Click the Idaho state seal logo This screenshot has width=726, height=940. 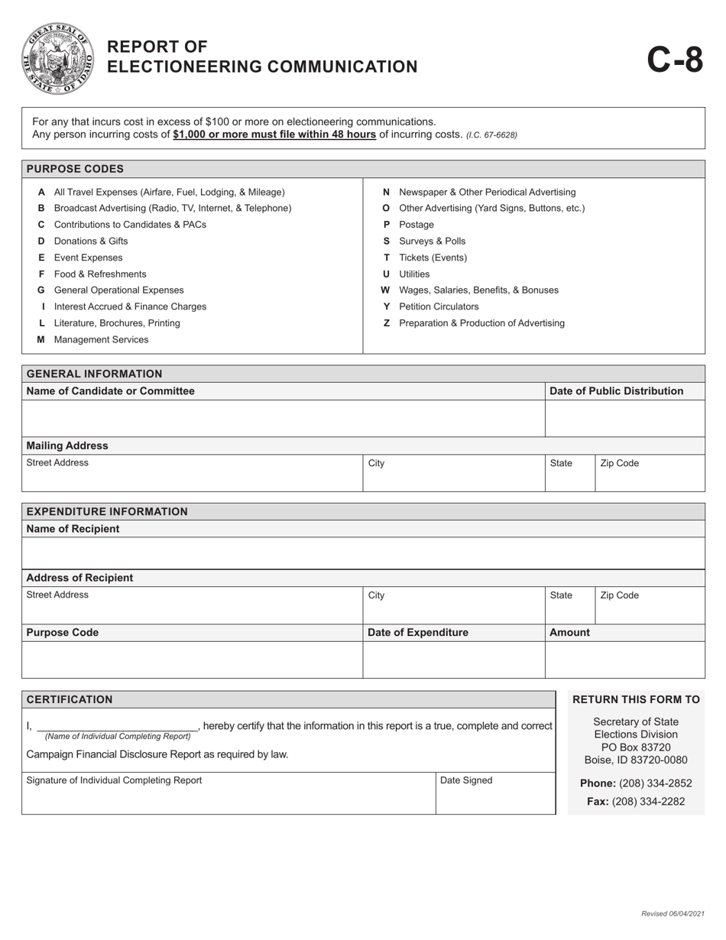pyautogui.click(x=58, y=58)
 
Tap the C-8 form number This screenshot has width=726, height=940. pyautogui.click(x=675, y=59)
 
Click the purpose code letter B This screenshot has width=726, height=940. pyautogui.click(x=41, y=208)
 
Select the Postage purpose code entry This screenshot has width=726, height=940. pyautogui.click(x=416, y=225)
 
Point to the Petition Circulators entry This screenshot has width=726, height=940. pyautogui.click(x=439, y=306)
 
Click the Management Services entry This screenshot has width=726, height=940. pyautogui.click(x=101, y=339)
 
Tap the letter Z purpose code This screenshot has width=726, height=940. pyautogui.click(x=387, y=323)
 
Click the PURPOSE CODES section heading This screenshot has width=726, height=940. pyautogui.click(x=75, y=169)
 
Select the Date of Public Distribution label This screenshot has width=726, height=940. pyautogui.click(x=616, y=391)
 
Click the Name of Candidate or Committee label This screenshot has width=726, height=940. pyautogui.click(x=111, y=391)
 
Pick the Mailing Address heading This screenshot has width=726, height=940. pyautogui.click(x=67, y=446)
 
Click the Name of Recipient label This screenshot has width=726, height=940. pyautogui.click(x=73, y=529)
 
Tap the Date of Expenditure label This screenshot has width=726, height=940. pyautogui.click(x=418, y=633)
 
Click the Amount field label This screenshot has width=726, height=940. pyautogui.click(x=569, y=633)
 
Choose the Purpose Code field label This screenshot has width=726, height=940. pyautogui.click(x=63, y=633)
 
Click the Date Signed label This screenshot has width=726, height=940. pyautogui.click(x=466, y=780)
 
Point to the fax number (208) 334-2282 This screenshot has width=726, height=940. pyautogui.click(x=647, y=802)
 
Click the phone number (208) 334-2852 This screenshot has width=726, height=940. pyautogui.click(x=655, y=783)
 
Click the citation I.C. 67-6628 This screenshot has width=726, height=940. pyautogui.click(x=491, y=135)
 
